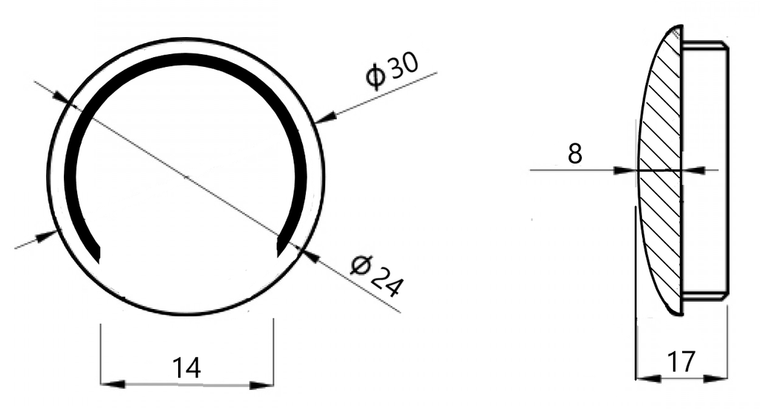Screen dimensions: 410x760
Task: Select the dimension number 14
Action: pyautogui.click(x=186, y=367)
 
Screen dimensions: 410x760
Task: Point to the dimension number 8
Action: pyautogui.click(x=574, y=154)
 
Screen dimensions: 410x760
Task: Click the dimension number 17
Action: pyautogui.click(x=681, y=362)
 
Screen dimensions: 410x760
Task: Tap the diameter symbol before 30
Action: pyautogui.click(x=376, y=77)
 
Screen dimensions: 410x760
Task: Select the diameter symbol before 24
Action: pyautogui.click(x=361, y=264)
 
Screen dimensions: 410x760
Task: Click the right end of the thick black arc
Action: pyautogui.click(x=281, y=250)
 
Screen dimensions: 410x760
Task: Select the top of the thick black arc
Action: pyautogui.click(x=186, y=59)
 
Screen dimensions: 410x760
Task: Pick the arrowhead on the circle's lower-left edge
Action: pyautogui.click(x=48, y=235)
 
